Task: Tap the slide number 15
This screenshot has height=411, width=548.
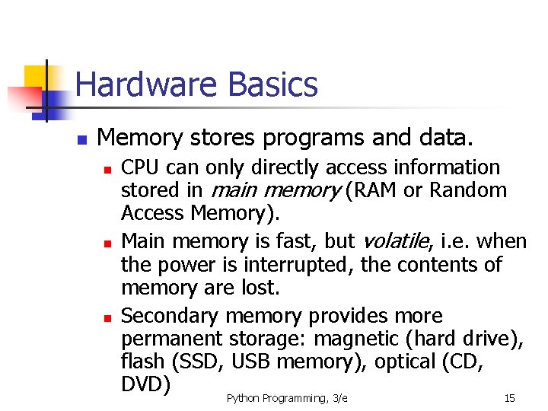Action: (510, 399)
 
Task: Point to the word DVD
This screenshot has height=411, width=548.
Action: (145, 384)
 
